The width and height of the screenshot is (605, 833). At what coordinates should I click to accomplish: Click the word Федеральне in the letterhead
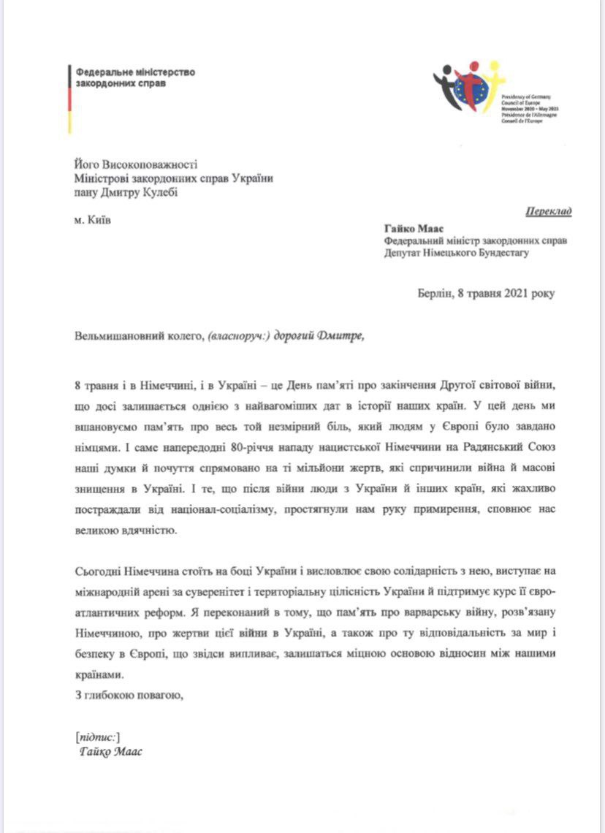(100, 72)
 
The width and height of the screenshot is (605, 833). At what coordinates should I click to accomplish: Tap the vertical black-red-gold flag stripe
(69, 99)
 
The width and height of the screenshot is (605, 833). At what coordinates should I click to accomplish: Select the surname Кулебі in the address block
(159, 192)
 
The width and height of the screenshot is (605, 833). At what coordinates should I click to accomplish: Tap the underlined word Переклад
(548, 212)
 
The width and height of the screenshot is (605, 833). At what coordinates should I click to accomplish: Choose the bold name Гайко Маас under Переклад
(413, 227)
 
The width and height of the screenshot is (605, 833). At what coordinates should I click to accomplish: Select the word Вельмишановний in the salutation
(116, 336)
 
